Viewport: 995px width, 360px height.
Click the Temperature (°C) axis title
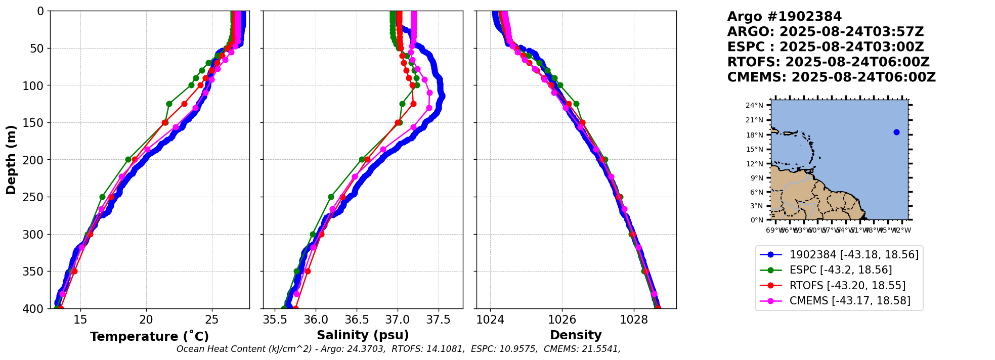149,337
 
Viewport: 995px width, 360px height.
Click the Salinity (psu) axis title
363,335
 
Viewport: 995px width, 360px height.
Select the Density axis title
576,335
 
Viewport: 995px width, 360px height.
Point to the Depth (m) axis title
11,160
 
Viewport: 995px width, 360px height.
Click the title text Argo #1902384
784,17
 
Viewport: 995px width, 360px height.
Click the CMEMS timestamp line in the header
831,77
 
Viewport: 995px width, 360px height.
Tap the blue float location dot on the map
896,132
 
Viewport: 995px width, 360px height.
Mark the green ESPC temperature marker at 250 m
102,197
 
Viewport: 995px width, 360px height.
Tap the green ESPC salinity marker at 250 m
331,197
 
